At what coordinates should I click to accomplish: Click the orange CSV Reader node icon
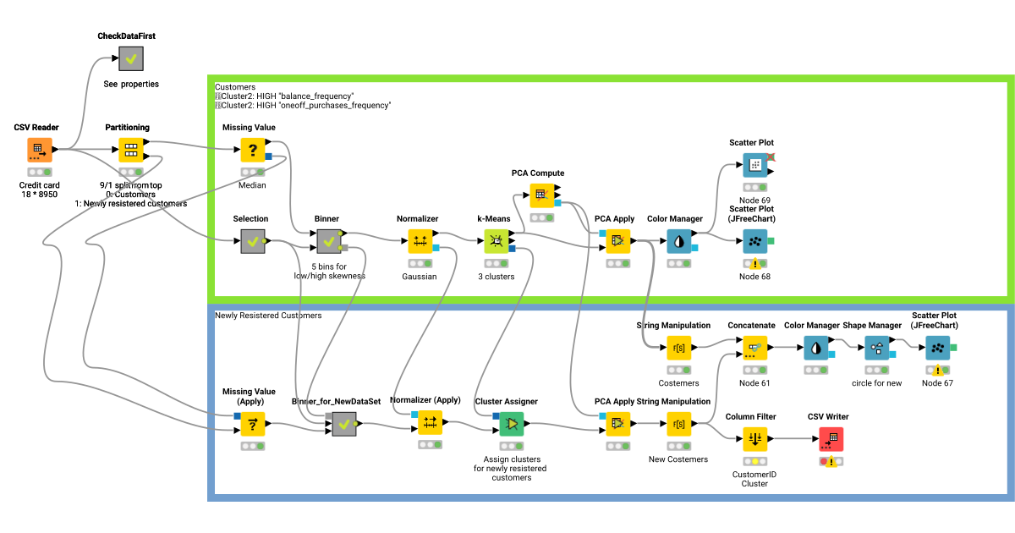pos(39,151)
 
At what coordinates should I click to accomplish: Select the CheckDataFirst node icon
pos(131,59)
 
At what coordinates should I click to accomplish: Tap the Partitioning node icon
pos(131,151)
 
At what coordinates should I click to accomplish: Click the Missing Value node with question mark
pos(252,151)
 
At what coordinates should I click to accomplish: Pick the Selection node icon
pos(252,243)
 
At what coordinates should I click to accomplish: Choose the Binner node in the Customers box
pos(328,243)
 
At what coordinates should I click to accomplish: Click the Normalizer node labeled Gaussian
pos(420,242)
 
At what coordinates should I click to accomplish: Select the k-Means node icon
pos(496,243)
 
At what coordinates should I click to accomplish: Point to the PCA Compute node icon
pos(541,196)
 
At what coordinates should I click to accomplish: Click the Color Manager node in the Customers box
pos(678,242)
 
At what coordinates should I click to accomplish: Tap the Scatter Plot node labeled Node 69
pos(755,166)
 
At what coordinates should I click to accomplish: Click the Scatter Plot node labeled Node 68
pos(755,242)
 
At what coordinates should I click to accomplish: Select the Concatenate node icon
pos(754,348)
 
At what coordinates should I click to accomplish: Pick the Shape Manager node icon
pos(877,348)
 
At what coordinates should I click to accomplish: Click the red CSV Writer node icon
pos(831,439)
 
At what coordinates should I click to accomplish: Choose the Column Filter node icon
pos(754,439)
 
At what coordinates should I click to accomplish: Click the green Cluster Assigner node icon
pos(511,423)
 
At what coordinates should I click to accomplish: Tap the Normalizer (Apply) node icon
pos(430,423)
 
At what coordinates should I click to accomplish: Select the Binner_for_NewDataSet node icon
pos(343,424)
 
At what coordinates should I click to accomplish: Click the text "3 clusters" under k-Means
pos(496,277)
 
